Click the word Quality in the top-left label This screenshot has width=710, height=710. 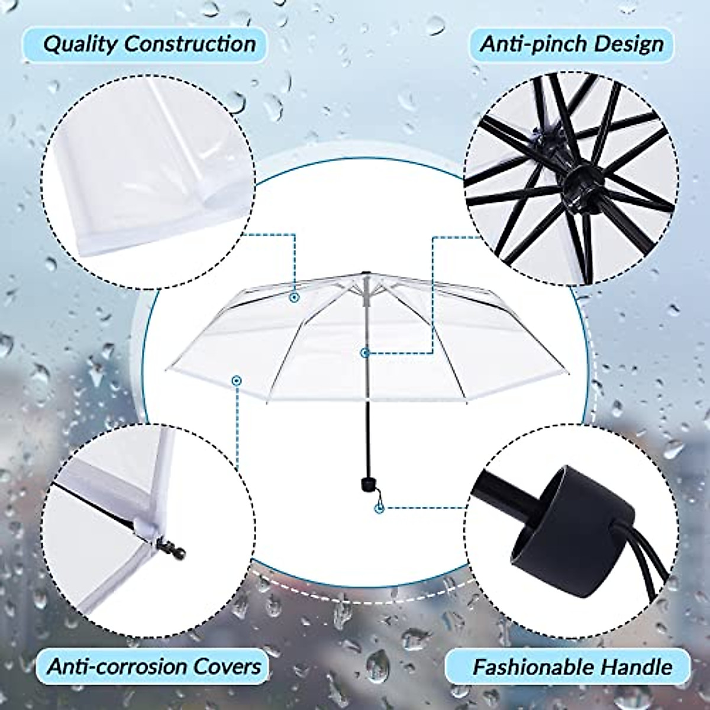[79, 44]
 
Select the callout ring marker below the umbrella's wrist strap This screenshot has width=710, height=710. [379, 507]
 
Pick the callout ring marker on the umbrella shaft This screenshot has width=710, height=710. [366, 353]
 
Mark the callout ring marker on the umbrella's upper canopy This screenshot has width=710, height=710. [293, 298]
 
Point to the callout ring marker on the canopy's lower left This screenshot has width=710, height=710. [237, 380]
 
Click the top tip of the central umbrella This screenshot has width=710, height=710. [367, 273]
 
